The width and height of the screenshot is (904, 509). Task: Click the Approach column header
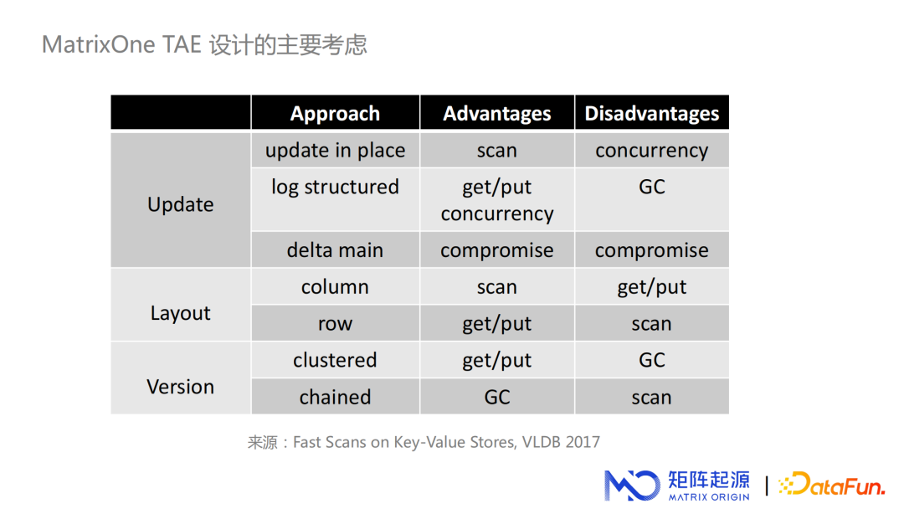(x=335, y=114)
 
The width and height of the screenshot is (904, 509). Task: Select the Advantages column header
(x=497, y=114)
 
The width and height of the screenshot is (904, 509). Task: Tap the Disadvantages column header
(x=651, y=114)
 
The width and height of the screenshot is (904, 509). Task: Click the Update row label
(x=181, y=204)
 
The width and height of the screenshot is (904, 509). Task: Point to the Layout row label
(x=181, y=313)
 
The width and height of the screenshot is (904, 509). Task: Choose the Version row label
(x=181, y=387)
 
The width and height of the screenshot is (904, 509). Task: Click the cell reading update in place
(x=335, y=151)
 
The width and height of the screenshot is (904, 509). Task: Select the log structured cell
(x=335, y=187)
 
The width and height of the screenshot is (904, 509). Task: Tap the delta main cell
(x=335, y=250)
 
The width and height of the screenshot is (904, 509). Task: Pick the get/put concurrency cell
(x=497, y=200)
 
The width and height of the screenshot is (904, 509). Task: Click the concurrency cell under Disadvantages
(x=651, y=151)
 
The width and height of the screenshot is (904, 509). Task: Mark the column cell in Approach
(x=335, y=287)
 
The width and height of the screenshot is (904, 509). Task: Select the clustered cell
(x=335, y=360)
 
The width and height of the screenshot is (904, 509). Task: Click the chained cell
(x=335, y=397)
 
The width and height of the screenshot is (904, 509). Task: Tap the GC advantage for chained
(x=497, y=397)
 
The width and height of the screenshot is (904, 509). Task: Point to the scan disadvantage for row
(x=651, y=324)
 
